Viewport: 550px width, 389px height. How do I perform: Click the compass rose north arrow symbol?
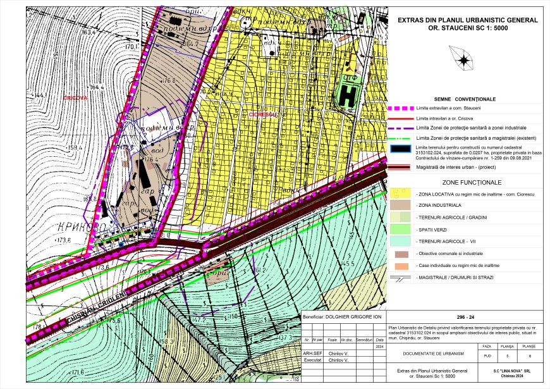[x=464, y=61]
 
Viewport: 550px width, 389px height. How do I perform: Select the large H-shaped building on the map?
[x=349, y=92]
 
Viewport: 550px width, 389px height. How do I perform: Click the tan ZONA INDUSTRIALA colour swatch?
[x=401, y=206]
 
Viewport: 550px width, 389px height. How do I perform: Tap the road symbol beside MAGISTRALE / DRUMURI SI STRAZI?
[x=401, y=277]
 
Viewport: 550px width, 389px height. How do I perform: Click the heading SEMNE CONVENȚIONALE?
[x=465, y=99]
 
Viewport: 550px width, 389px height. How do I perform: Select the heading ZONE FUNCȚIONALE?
[x=465, y=182]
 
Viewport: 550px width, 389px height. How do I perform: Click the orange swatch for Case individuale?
[x=401, y=265]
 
